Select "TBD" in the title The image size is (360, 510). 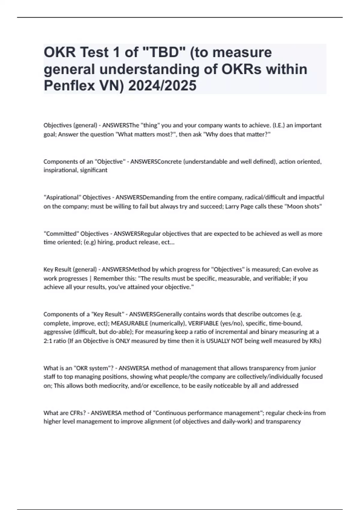165,52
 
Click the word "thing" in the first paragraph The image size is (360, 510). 150,125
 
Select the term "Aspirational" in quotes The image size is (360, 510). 62,197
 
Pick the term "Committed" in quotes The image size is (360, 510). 61,233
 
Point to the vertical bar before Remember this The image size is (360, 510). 90,278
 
